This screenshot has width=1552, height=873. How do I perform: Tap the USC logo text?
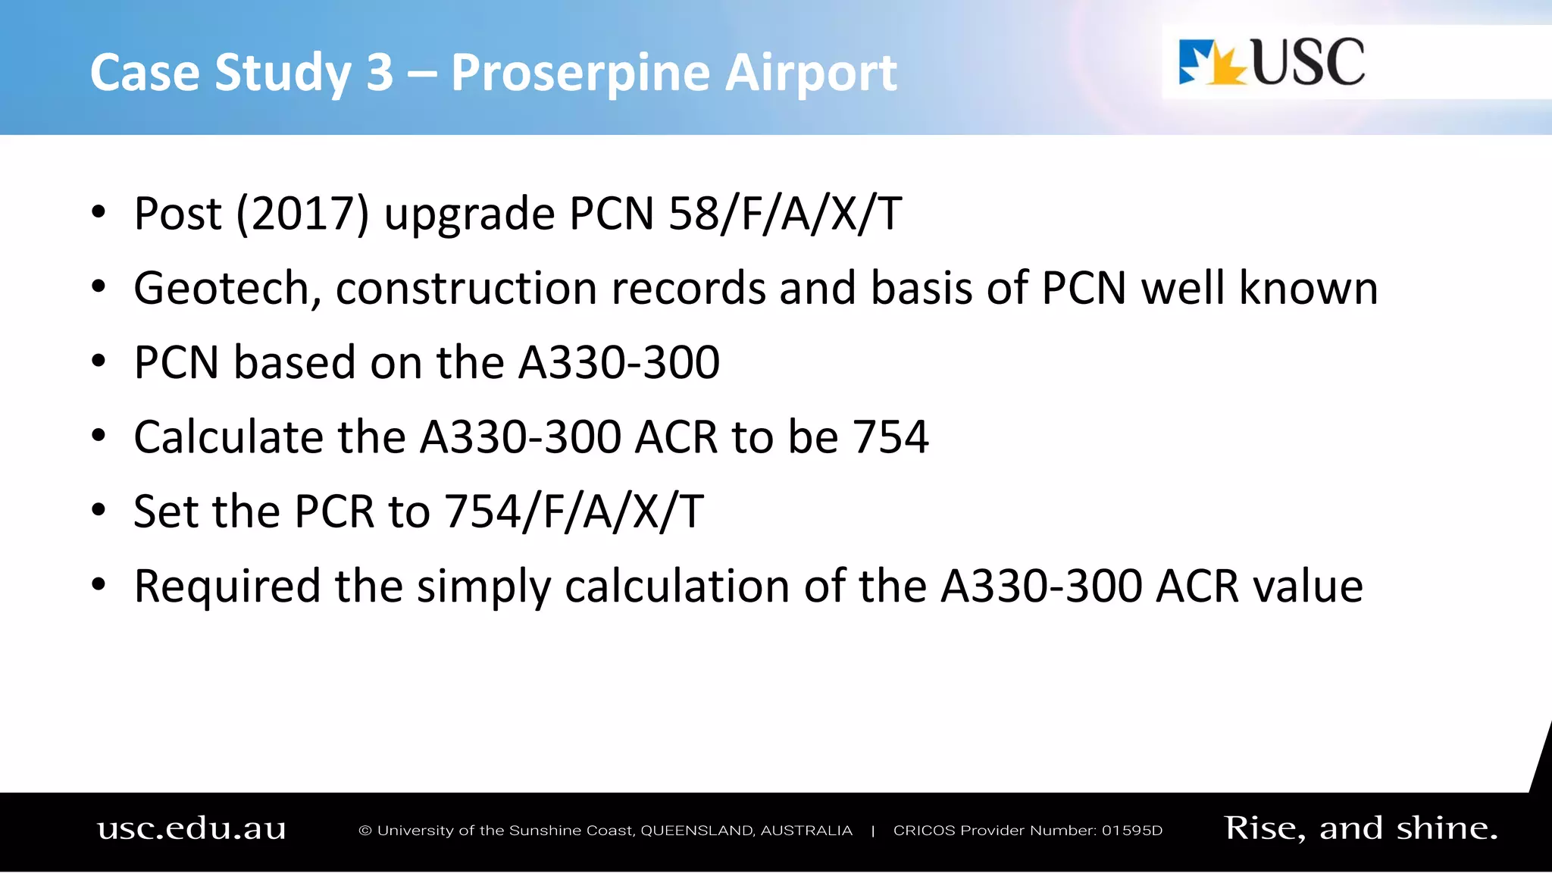[1308, 62]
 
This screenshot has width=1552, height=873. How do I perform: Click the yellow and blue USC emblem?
[1212, 63]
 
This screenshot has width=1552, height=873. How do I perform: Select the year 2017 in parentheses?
[302, 214]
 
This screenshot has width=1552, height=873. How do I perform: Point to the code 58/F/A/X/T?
[785, 214]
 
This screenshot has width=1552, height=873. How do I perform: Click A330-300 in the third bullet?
[618, 362]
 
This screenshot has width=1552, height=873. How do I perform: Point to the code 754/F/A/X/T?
[574, 512]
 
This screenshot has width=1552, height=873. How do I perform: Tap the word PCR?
[334, 512]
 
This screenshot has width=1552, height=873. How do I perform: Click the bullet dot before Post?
[99, 212]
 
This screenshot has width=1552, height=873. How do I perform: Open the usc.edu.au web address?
[192, 829]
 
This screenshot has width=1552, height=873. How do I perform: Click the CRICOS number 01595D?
[1131, 831]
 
